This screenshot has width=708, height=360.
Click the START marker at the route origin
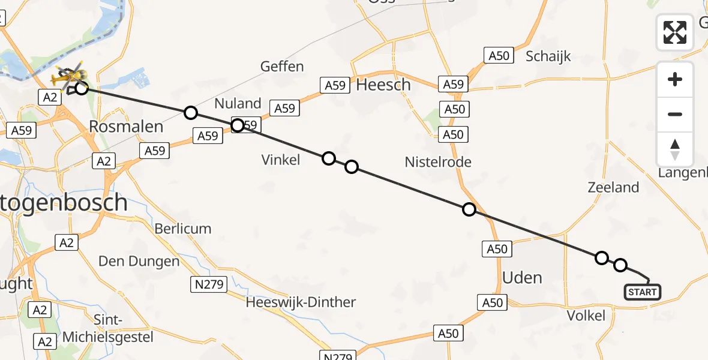(643, 292)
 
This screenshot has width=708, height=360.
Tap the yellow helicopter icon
(64, 78)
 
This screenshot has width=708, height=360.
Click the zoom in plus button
(675, 79)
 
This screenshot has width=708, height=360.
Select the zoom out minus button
(675, 114)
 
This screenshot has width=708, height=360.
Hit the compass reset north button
(675, 149)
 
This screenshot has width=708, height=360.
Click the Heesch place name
(383, 85)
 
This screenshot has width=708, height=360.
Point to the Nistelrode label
(438, 161)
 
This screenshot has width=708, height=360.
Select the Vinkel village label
(281, 159)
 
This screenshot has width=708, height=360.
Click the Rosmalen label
(126, 127)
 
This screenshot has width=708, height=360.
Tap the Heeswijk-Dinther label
(301, 302)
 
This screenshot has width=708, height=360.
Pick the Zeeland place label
(613, 187)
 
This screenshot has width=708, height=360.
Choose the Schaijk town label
(548, 57)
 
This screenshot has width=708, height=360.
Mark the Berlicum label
(183, 229)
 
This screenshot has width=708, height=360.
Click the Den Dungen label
(139, 261)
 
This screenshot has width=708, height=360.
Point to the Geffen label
(282, 67)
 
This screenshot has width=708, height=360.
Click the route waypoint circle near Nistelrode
(469, 209)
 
